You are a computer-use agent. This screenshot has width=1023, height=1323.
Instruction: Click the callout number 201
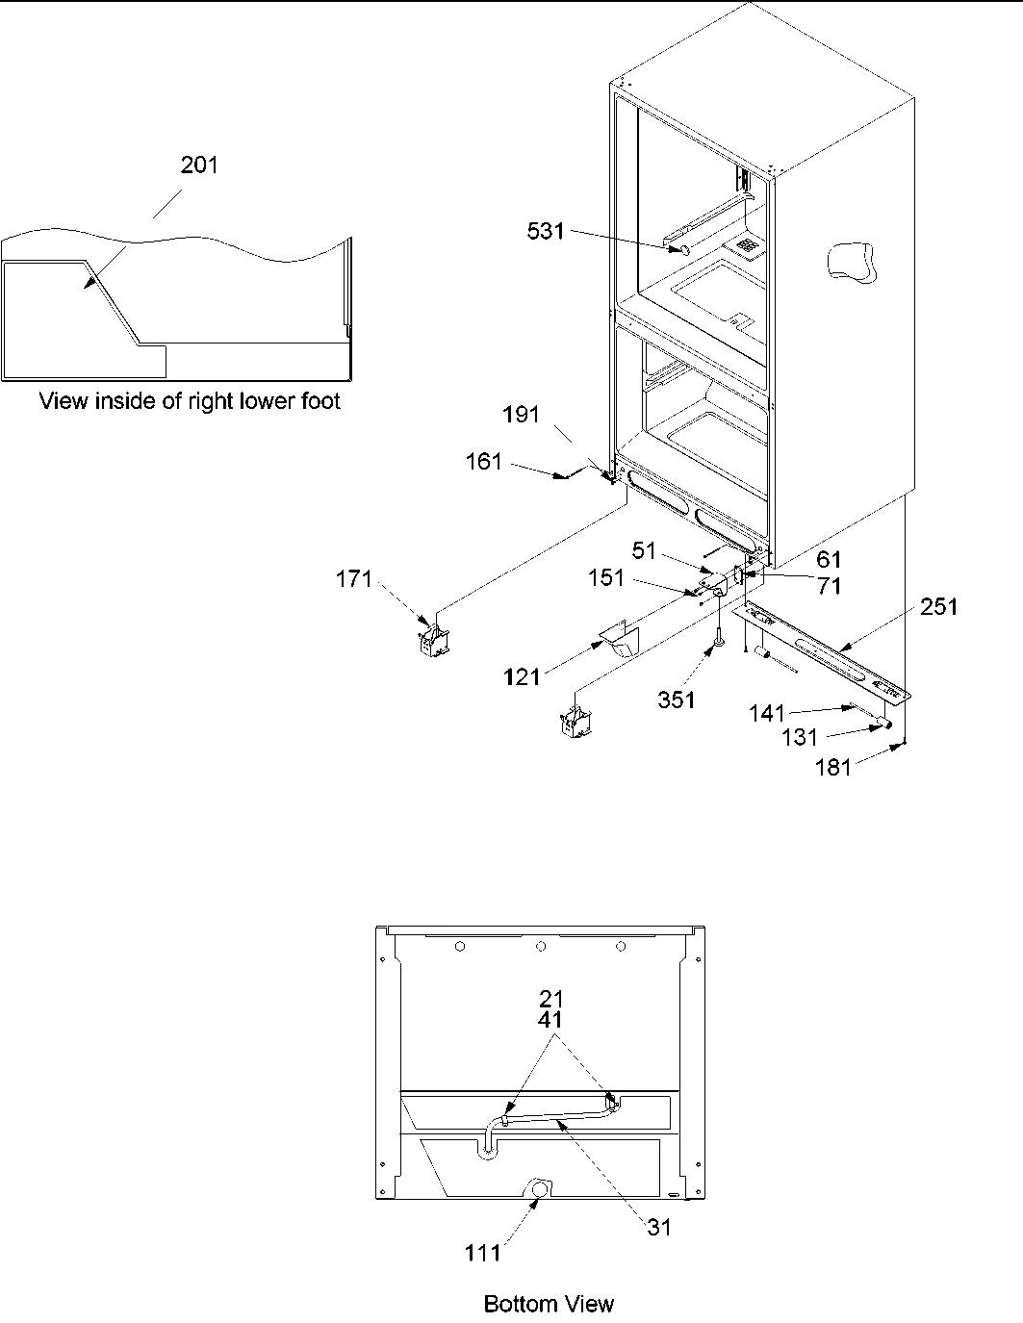pyautogui.click(x=200, y=165)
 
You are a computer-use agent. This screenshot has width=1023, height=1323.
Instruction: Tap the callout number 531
pyautogui.click(x=546, y=231)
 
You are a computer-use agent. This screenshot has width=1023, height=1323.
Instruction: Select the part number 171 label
pyautogui.click(x=354, y=579)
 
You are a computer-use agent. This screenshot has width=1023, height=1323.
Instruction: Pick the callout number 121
pyautogui.click(x=522, y=678)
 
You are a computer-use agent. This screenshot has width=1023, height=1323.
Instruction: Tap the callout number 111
pyautogui.click(x=482, y=1252)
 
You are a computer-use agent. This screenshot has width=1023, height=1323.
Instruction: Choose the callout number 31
pyautogui.click(x=659, y=1227)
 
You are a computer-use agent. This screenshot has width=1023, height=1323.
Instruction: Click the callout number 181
pyautogui.click(x=833, y=767)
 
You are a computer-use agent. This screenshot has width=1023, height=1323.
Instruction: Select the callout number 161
pyautogui.click(x=484, y=462)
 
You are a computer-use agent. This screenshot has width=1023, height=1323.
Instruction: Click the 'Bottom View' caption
pyautogui.click(x=548, y=1304)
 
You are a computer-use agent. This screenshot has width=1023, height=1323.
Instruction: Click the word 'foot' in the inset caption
pyautogui.click(x=316, y=401)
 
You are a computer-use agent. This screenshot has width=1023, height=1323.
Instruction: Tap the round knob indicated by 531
pyautogui.click(x=682, y=249)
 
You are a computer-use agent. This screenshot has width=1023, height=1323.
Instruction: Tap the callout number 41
pyautogui.click(x=551, y=1019)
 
